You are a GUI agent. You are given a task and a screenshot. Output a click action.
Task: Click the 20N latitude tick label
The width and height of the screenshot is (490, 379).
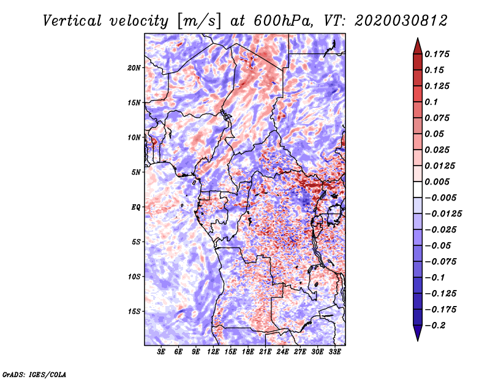[x=134, y=68]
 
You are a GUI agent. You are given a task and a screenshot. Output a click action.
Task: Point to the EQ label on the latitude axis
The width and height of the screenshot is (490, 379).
[x=135, y=207]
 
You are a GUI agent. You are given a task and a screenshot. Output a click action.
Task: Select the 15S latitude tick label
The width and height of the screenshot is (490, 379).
[x=134, y=312]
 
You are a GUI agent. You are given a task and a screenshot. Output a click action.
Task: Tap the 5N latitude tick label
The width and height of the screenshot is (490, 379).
[x=136, y=172]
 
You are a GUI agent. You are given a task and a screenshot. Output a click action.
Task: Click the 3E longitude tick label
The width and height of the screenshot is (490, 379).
[x=161, y=351]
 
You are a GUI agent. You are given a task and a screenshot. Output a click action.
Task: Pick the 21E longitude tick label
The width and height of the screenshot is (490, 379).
[x=265, y=351]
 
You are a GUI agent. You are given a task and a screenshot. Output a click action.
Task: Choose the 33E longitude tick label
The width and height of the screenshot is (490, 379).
[x=334, y=351]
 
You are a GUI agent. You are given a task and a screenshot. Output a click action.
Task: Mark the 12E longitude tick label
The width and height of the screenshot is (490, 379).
[x=213, y=351]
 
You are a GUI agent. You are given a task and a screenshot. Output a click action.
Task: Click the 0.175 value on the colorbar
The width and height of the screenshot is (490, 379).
[x=437, y=54]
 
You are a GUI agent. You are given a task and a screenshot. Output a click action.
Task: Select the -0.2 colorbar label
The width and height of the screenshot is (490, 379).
[x=435, y=326]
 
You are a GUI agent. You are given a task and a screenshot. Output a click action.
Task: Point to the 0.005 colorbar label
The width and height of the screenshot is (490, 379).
[x=437, y=182]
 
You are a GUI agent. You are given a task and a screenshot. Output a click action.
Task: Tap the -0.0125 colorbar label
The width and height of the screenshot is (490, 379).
[x=443, y=214]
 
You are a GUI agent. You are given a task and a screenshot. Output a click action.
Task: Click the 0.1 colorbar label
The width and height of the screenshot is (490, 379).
[x=431, y=102]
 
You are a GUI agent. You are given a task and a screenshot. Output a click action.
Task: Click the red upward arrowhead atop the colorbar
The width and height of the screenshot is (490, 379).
[x=418, y=46]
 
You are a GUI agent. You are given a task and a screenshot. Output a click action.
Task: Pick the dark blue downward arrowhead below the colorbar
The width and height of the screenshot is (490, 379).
[x=418, y=333]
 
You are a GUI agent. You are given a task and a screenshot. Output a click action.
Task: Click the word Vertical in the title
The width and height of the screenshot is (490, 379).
[x=72, y=21]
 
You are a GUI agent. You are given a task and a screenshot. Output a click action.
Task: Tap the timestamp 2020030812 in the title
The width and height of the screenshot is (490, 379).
[x=401, y=21]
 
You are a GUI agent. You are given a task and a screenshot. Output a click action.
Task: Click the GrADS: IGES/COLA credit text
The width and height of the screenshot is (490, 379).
[x=34, y=374]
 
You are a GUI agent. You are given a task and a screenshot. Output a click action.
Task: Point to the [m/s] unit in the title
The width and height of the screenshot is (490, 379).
[x=199, y=21]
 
